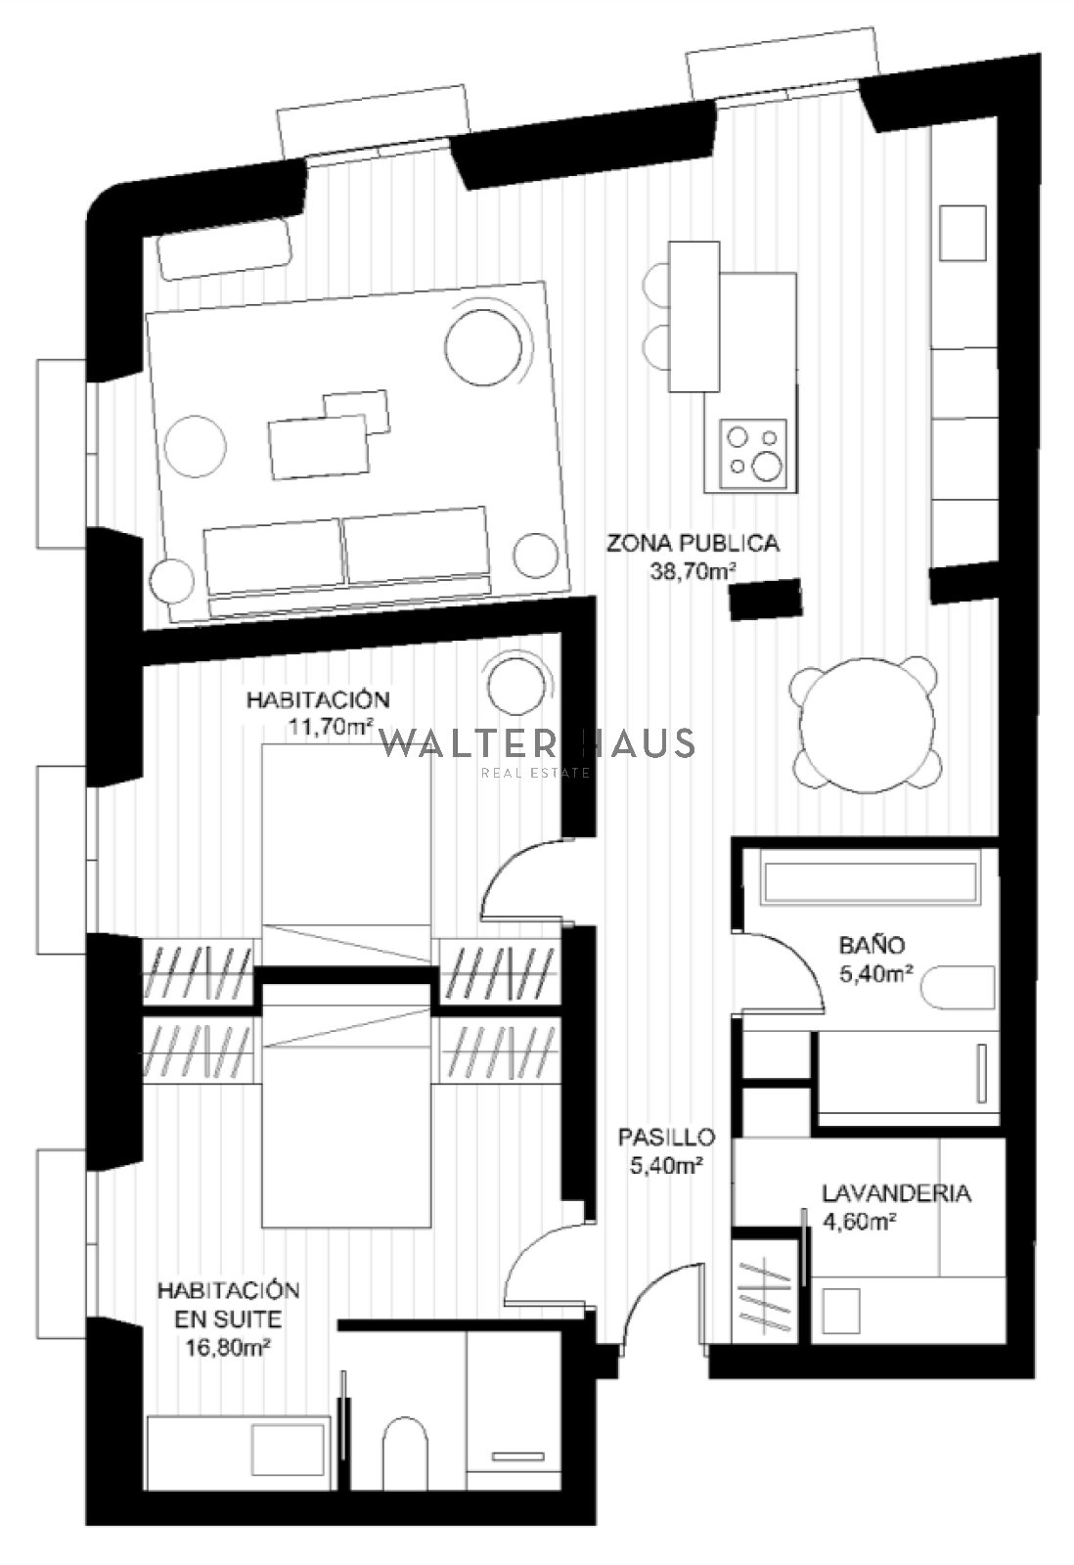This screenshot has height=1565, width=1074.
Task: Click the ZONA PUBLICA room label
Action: pos(693,543)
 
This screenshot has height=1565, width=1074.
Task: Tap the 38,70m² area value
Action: pos(694,571)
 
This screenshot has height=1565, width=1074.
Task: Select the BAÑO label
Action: pos(873,945)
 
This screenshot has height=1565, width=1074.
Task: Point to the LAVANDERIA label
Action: pos(897,1192)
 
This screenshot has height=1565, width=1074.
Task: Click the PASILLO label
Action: pos(667,1137)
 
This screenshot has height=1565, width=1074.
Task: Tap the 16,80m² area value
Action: pos(228,1348)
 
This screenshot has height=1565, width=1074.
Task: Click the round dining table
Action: pos(867,725)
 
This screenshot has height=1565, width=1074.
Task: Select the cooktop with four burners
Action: pos(753,454)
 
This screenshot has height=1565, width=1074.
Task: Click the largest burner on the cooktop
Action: pos(767,466)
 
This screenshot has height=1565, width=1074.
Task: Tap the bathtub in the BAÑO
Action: pos(870,882)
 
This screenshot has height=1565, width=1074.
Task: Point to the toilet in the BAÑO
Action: pos(959,987)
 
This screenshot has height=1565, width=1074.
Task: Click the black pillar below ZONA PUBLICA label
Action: pos(766,599)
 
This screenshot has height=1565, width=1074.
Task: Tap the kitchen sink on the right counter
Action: pos(962,233)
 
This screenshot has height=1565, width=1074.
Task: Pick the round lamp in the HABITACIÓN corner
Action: pos(516,684)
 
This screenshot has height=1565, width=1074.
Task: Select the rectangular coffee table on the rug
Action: pos(319,447)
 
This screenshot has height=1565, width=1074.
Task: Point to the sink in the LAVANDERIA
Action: pos(840,1312)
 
